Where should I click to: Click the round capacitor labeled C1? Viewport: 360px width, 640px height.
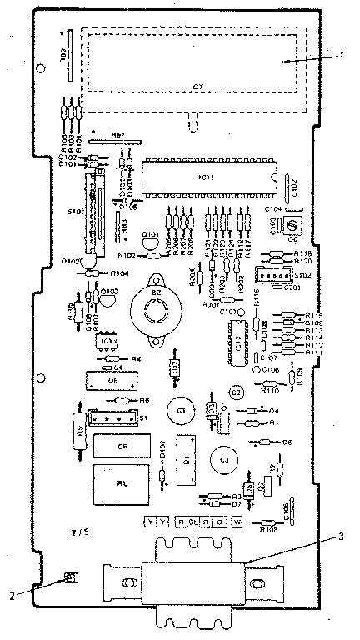pyautogui.click(x=177, y=410)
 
